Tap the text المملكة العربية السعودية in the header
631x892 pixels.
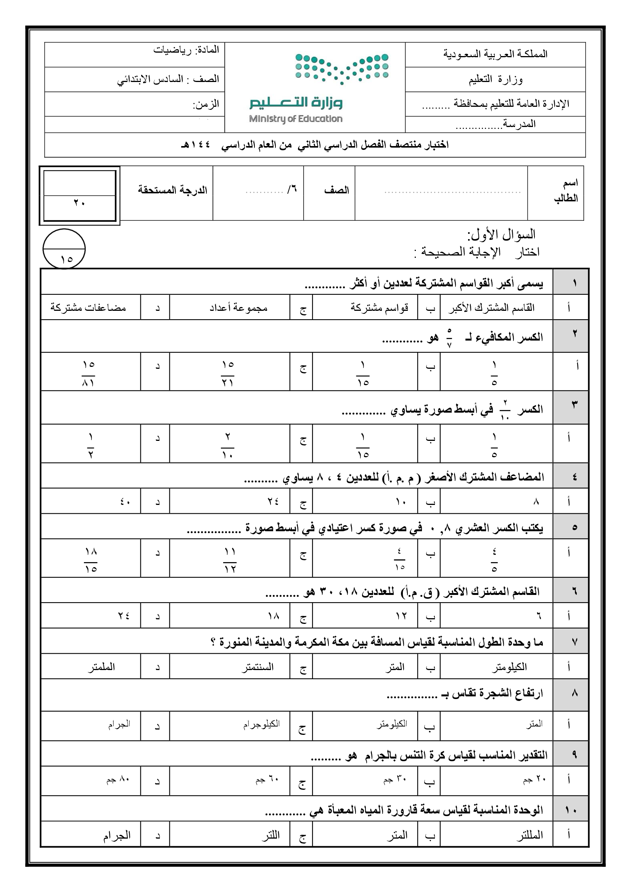tap(496, 55)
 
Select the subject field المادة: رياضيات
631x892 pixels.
tap(186, 50)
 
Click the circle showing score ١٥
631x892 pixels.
tap(64, 249)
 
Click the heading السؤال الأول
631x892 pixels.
tap(501, 234)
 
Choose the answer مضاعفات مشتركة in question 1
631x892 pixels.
tap(88, 308)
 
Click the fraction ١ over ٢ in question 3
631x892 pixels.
tap(90, 445)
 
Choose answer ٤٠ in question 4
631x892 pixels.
tap(125, 501)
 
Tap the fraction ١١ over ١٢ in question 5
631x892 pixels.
tap(230, 560)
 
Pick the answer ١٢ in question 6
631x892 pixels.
tap(401, 616)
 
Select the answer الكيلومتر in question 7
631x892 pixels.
tap(509, 667)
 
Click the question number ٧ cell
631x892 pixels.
tap(575, 642)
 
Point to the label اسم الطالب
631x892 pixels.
tap(566, 190)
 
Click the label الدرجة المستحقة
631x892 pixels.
tap(172, 190)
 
